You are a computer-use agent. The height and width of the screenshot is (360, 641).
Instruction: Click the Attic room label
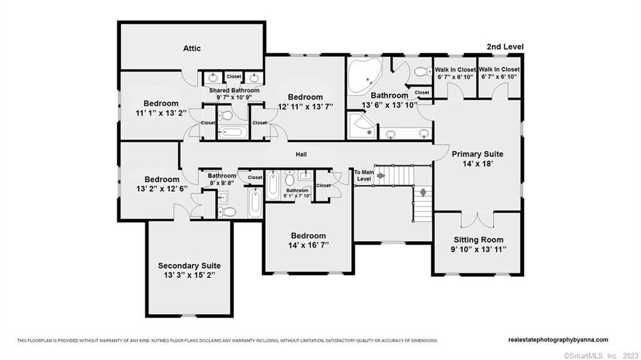click(192, 48)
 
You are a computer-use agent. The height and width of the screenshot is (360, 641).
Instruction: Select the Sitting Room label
click(478, 240)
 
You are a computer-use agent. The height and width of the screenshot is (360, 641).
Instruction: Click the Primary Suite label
click(478, 154)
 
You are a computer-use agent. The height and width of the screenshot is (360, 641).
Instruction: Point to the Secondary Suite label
click(189, 265)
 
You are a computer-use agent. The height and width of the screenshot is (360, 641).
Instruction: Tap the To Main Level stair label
click(363, 175)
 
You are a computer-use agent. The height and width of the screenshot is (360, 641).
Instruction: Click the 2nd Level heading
click(505, 46)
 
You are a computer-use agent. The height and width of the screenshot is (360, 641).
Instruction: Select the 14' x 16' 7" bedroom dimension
click(308, 245)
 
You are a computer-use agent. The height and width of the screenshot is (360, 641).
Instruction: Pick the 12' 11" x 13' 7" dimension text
click(305, 107)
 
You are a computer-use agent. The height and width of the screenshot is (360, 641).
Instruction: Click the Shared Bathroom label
click(233, 90)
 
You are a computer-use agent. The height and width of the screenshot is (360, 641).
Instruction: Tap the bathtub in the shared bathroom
click(232, 132)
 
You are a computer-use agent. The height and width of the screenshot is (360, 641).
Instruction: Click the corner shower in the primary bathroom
click(362, 125)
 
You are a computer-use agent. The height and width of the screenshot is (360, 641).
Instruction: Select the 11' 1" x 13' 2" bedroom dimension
click(161, 113)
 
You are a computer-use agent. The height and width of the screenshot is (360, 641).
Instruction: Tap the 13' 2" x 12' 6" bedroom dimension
click(162, 189)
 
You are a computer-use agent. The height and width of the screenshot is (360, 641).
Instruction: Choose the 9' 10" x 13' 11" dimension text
click(478, 250)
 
